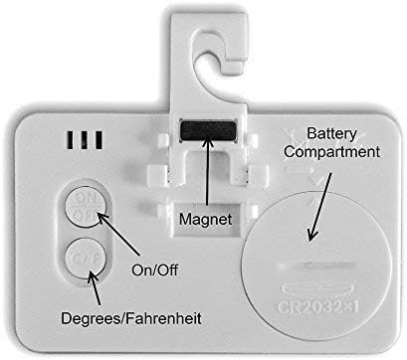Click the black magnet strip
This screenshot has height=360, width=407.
(204, 129)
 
